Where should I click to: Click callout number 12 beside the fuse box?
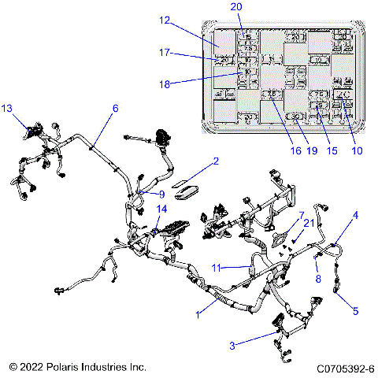[x=165, y=20]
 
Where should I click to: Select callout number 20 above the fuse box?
[x=236, y=7]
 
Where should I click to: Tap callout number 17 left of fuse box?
[x=164, y=54]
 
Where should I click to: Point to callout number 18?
[x=165, y=83]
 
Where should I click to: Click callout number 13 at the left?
[x=7, y=106]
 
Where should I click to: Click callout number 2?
[x=215, y=162]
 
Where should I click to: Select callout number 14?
[x=162, y=209]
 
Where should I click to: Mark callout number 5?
[x=355, y=309]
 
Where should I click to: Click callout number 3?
[x=232, y=344]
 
